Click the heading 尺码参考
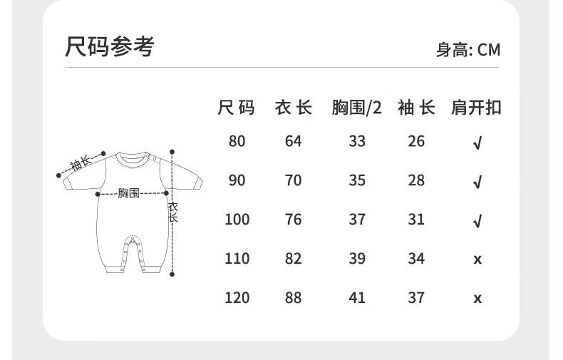109,47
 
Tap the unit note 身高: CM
468,50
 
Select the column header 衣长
294,108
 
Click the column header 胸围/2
357,108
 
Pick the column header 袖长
416,108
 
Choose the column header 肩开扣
477,108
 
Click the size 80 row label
237,141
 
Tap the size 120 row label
237,297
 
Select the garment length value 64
294,141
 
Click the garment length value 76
294,220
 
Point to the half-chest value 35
357,180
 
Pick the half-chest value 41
357,297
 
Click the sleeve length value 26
416,141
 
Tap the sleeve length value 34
416,258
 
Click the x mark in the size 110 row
477,259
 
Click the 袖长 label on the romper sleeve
81,164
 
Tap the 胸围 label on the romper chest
128,193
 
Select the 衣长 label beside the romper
172,212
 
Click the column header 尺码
237,108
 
